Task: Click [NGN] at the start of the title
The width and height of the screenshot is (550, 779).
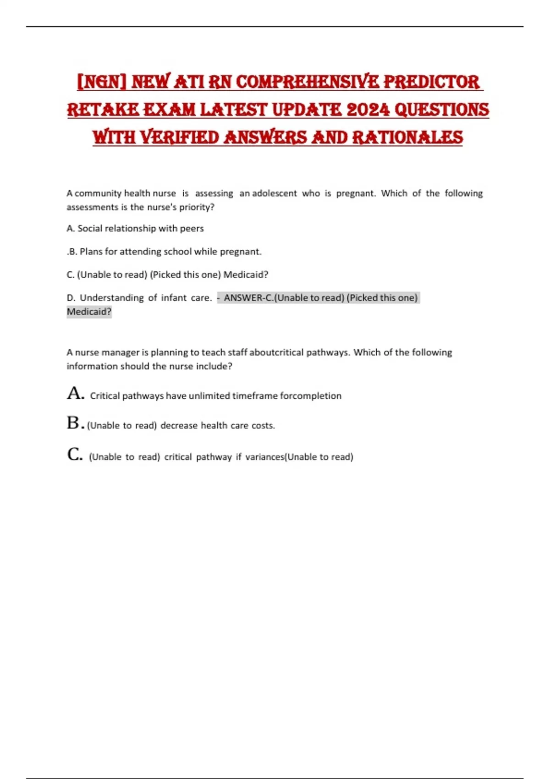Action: tap(102, 82)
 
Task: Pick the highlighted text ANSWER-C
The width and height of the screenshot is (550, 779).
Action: tap(248, 298)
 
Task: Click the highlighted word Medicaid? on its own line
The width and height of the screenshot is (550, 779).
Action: tap(89, 312)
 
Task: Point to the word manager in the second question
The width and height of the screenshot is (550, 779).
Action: tap(120, 352)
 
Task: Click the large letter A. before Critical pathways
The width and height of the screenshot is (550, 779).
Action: tap(75, 394)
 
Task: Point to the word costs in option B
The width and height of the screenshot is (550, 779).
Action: tap(263, 426)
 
